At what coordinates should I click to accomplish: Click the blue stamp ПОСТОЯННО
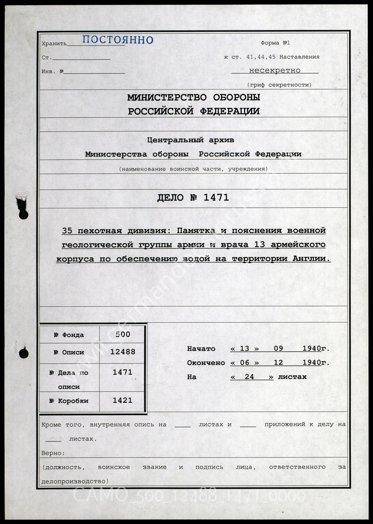click(117, 39)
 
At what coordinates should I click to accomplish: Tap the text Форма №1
click(275, 43)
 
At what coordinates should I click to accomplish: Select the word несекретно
click(275, 70)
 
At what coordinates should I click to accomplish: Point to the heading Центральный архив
click(190, 140)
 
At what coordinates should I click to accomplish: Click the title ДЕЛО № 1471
click(193, 198)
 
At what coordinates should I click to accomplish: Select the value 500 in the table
click(123, 334)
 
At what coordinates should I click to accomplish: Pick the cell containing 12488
click(123, 352)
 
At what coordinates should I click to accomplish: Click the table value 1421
click(122, 400)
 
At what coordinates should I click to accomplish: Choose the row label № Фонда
click(69, 335)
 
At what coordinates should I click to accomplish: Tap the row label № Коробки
click(69, 401)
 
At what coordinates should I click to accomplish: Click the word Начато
click(201, 349)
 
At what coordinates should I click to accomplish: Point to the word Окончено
click(206, 363)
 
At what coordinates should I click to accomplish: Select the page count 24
click(249, 377)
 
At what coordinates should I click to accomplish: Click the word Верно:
click(53, 453)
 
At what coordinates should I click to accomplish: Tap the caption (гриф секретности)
click(279, 85)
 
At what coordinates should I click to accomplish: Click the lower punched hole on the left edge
click(23, 353)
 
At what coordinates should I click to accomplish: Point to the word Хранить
click(54, 44)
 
